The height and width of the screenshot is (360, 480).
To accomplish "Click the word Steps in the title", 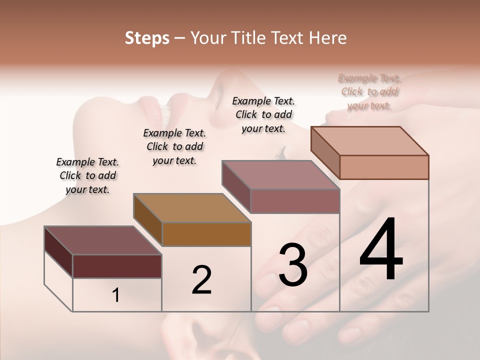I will point(147,38).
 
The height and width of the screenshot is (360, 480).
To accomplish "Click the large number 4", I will point(381,250).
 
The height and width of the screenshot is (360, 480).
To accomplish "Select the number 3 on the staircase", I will point(293,265).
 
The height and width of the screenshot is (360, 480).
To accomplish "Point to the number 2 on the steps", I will point(201,280).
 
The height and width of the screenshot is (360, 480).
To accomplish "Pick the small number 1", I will point(116,295).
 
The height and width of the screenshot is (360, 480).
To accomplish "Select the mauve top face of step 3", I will point(280,174).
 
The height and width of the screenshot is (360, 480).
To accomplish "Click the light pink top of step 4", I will point(369,141).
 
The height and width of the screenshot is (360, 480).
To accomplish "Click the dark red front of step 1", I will point(117,266).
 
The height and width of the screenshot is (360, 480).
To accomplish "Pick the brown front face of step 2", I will point(206,234).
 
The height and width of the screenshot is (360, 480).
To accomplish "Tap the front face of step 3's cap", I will point(295,201).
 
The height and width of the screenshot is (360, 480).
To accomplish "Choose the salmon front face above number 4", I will point(384,167).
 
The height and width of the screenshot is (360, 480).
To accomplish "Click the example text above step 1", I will point(87,175).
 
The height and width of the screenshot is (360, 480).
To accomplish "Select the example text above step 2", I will point(174,146).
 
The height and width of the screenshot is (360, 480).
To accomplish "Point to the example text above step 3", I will point(263,114).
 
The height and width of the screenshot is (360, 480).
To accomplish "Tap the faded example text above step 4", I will point(369,92).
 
